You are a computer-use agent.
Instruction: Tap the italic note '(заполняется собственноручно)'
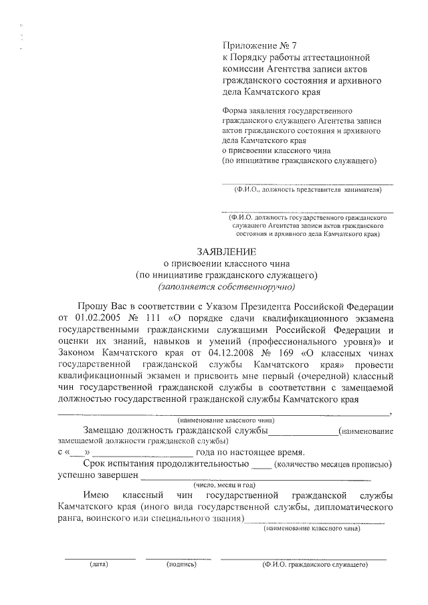click(226, 287)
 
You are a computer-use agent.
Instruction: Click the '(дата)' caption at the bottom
click(100, 564)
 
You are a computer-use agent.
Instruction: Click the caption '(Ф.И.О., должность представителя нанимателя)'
click(307, 190)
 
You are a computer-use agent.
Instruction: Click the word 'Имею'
click(96, 495)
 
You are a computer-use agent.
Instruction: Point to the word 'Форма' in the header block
click(234, 110)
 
